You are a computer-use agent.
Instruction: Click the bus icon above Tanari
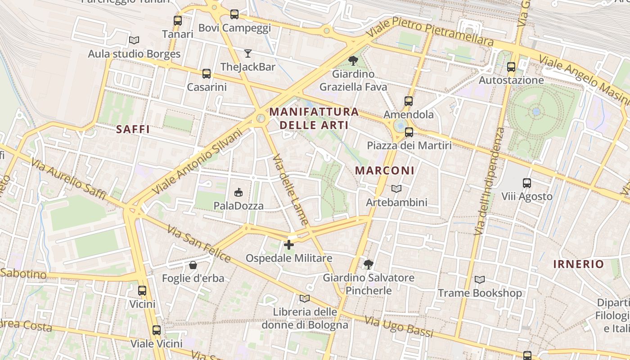178,21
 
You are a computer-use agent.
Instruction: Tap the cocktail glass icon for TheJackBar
248,54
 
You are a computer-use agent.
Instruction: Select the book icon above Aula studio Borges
134,40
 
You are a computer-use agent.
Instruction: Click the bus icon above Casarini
207,74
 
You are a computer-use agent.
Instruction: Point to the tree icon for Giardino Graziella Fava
353,60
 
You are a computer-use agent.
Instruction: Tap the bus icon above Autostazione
511,67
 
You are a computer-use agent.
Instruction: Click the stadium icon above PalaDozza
238,193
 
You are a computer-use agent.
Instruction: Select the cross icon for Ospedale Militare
289,245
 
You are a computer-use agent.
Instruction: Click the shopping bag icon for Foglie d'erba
193,265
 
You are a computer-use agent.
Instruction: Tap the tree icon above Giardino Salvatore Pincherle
369,264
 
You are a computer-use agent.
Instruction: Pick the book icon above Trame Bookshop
480,280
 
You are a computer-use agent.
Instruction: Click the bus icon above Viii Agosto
527,183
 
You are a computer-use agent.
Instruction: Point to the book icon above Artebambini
396,189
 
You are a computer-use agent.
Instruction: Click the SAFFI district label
133,130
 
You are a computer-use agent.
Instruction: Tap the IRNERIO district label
578,264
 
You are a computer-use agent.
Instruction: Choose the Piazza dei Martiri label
409,145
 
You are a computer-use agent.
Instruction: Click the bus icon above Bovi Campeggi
234,14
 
